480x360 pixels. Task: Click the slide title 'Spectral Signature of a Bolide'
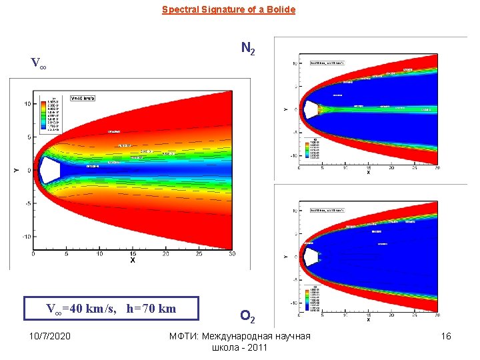[x=228, y=10]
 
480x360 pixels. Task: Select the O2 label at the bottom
[x=246, y=315]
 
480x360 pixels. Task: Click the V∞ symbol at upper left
[x=38, y=64]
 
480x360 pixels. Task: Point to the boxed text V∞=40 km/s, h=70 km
[x=111, y=308]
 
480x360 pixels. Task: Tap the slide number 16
[x=446, y=336]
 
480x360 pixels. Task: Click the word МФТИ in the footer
[x=184, y=336]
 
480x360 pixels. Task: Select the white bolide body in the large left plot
[x=49, y=170]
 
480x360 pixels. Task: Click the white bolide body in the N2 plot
[x=311, y=109]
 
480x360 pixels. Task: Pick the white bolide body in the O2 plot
[x=311, y=256]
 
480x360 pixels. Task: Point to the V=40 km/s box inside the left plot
[x=83, y=98]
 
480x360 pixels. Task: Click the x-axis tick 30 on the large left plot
[x=231, y=254]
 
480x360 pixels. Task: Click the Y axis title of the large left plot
[x=16, y=171]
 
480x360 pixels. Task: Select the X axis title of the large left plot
[x=132, y=261]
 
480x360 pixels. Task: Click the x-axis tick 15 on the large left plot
[x=132, y=254]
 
